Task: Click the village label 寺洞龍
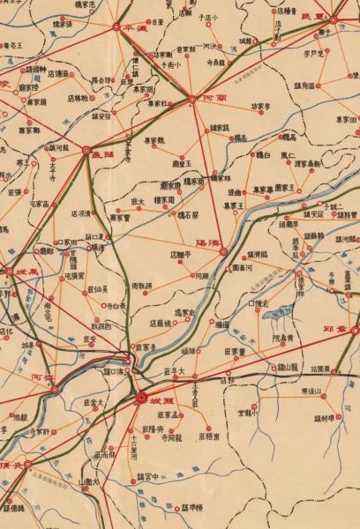click(165, 436)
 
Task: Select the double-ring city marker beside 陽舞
click(222, 251)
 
